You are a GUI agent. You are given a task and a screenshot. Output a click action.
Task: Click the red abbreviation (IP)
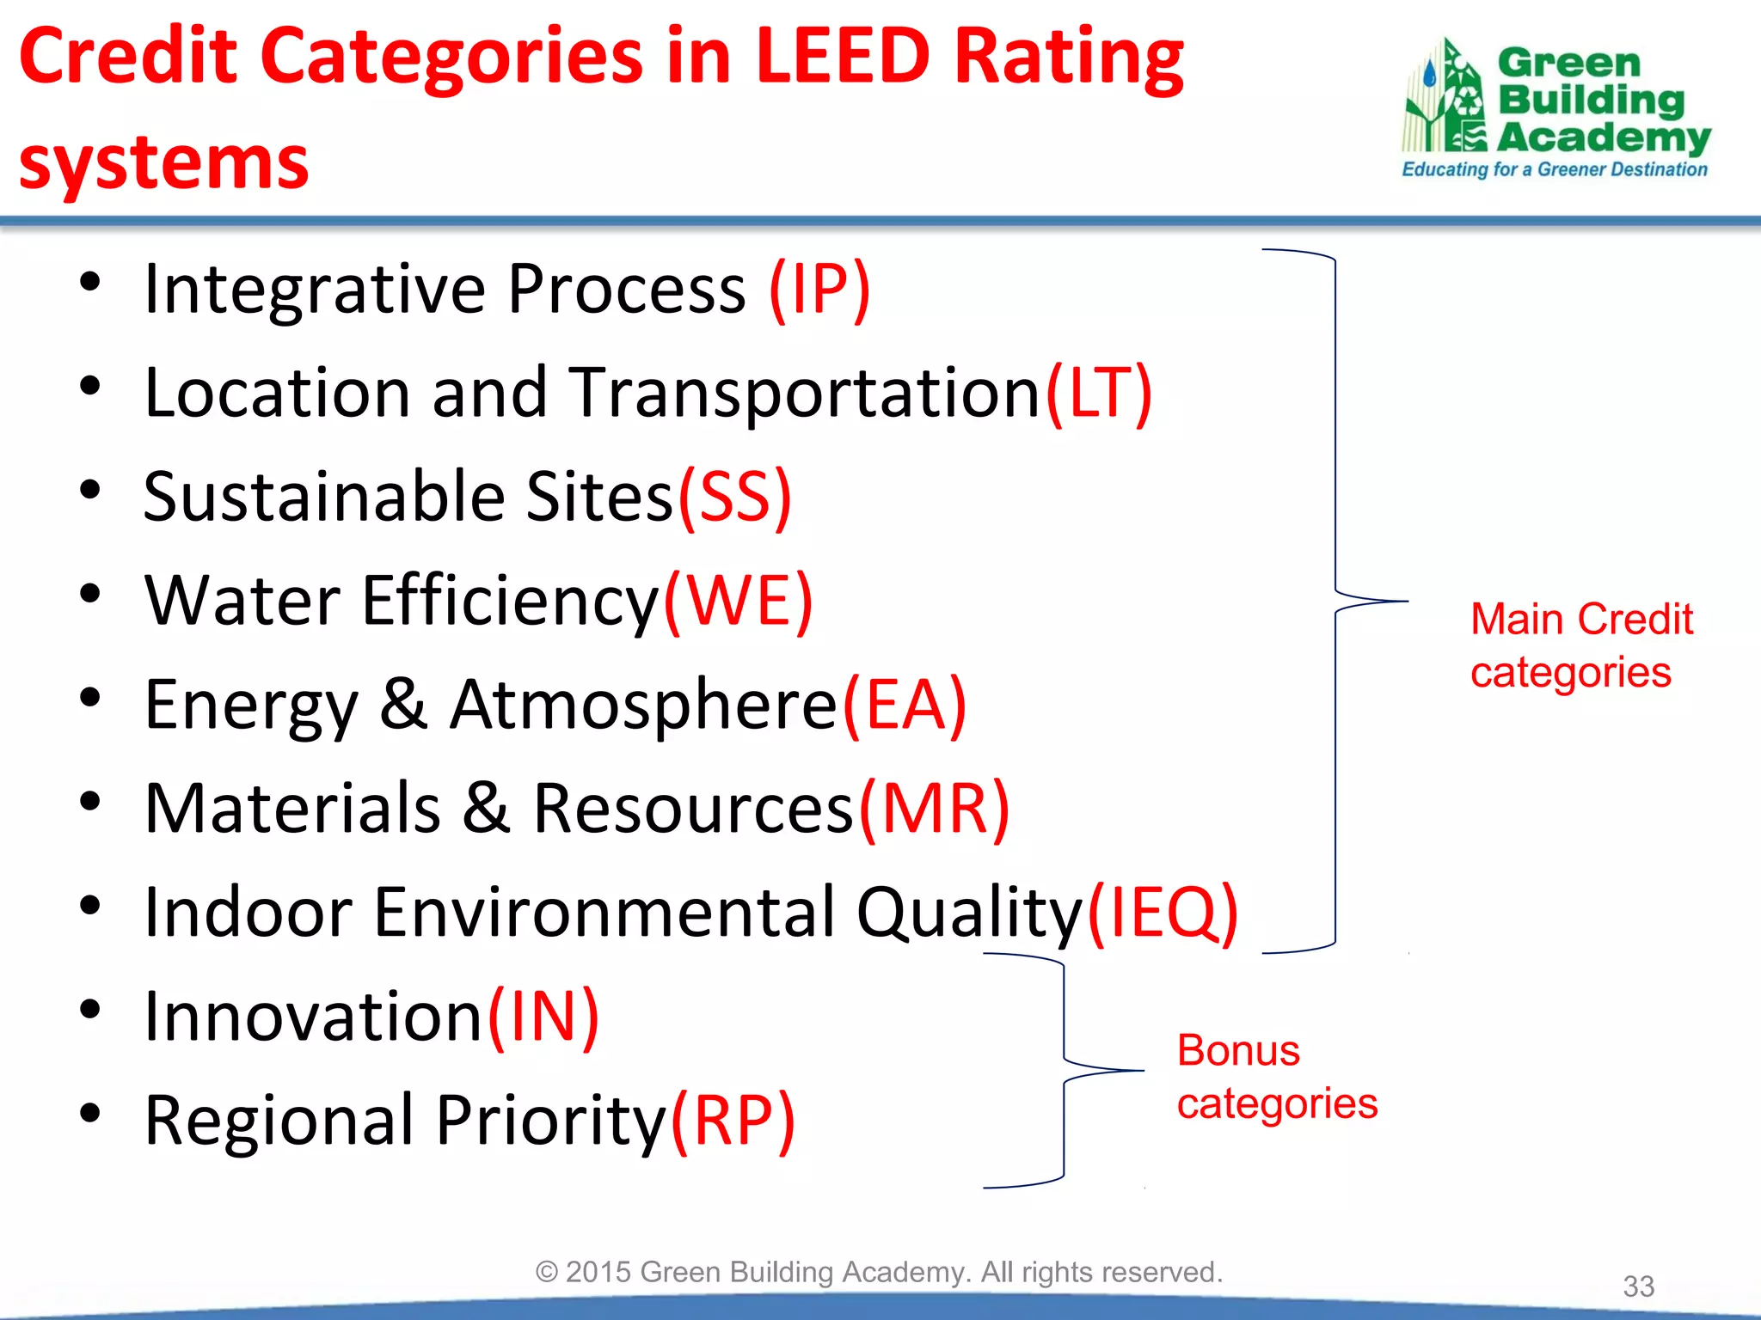point(819,290)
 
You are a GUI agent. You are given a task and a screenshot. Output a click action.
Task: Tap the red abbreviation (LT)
point(1098,394)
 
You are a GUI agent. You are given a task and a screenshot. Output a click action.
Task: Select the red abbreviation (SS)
point(734,498)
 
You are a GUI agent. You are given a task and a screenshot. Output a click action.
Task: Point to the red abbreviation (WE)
point(738,602)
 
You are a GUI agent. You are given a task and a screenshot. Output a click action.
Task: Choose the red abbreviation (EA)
point(905,706)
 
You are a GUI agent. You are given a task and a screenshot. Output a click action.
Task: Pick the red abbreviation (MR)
point(935,810)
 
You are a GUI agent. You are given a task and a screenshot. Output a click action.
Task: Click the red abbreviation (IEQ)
point(1163,913)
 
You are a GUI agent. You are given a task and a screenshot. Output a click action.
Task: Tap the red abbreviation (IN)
point(543,1017)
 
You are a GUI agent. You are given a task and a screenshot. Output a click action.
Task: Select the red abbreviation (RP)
point(733,1121)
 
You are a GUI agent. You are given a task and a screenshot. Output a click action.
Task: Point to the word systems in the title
point(163,163)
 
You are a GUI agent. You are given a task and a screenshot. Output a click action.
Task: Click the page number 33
point(1638,1286)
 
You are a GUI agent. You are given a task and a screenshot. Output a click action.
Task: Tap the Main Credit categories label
point(1580,645)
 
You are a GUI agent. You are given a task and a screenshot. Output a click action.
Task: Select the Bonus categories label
point(1276,1077)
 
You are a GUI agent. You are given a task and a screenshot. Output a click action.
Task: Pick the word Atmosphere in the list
point(643,706)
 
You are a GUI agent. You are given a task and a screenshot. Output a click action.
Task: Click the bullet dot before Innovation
point(90,1009)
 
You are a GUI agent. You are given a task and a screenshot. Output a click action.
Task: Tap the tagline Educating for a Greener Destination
point(1554,169)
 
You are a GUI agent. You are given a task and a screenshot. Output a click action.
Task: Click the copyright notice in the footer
point(879,1272)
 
